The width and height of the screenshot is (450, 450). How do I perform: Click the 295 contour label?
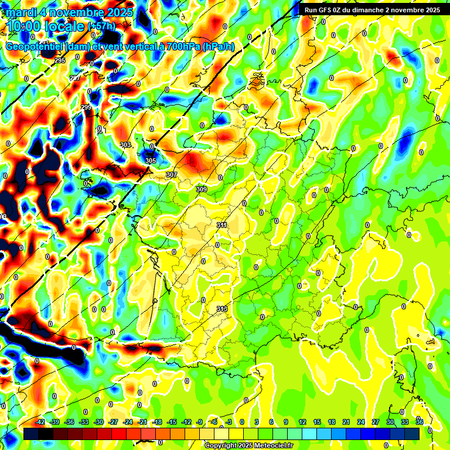click(60, 61)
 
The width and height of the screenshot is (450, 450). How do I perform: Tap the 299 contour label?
click(86, 107)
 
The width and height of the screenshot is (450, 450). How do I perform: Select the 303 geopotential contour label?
click(125, 145)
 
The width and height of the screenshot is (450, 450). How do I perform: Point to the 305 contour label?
click(151, 161)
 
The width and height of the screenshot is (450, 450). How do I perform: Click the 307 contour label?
click(172, 175)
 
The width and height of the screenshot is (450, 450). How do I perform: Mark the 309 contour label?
click(202, 189)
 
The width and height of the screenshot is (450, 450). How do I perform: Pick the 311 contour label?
click(222, 225)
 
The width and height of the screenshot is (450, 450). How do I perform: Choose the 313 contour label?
click(222, 309)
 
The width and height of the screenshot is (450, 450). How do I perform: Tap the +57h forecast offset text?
click(101, 26)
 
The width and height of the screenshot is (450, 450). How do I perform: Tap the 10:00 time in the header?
click(23, 26)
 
